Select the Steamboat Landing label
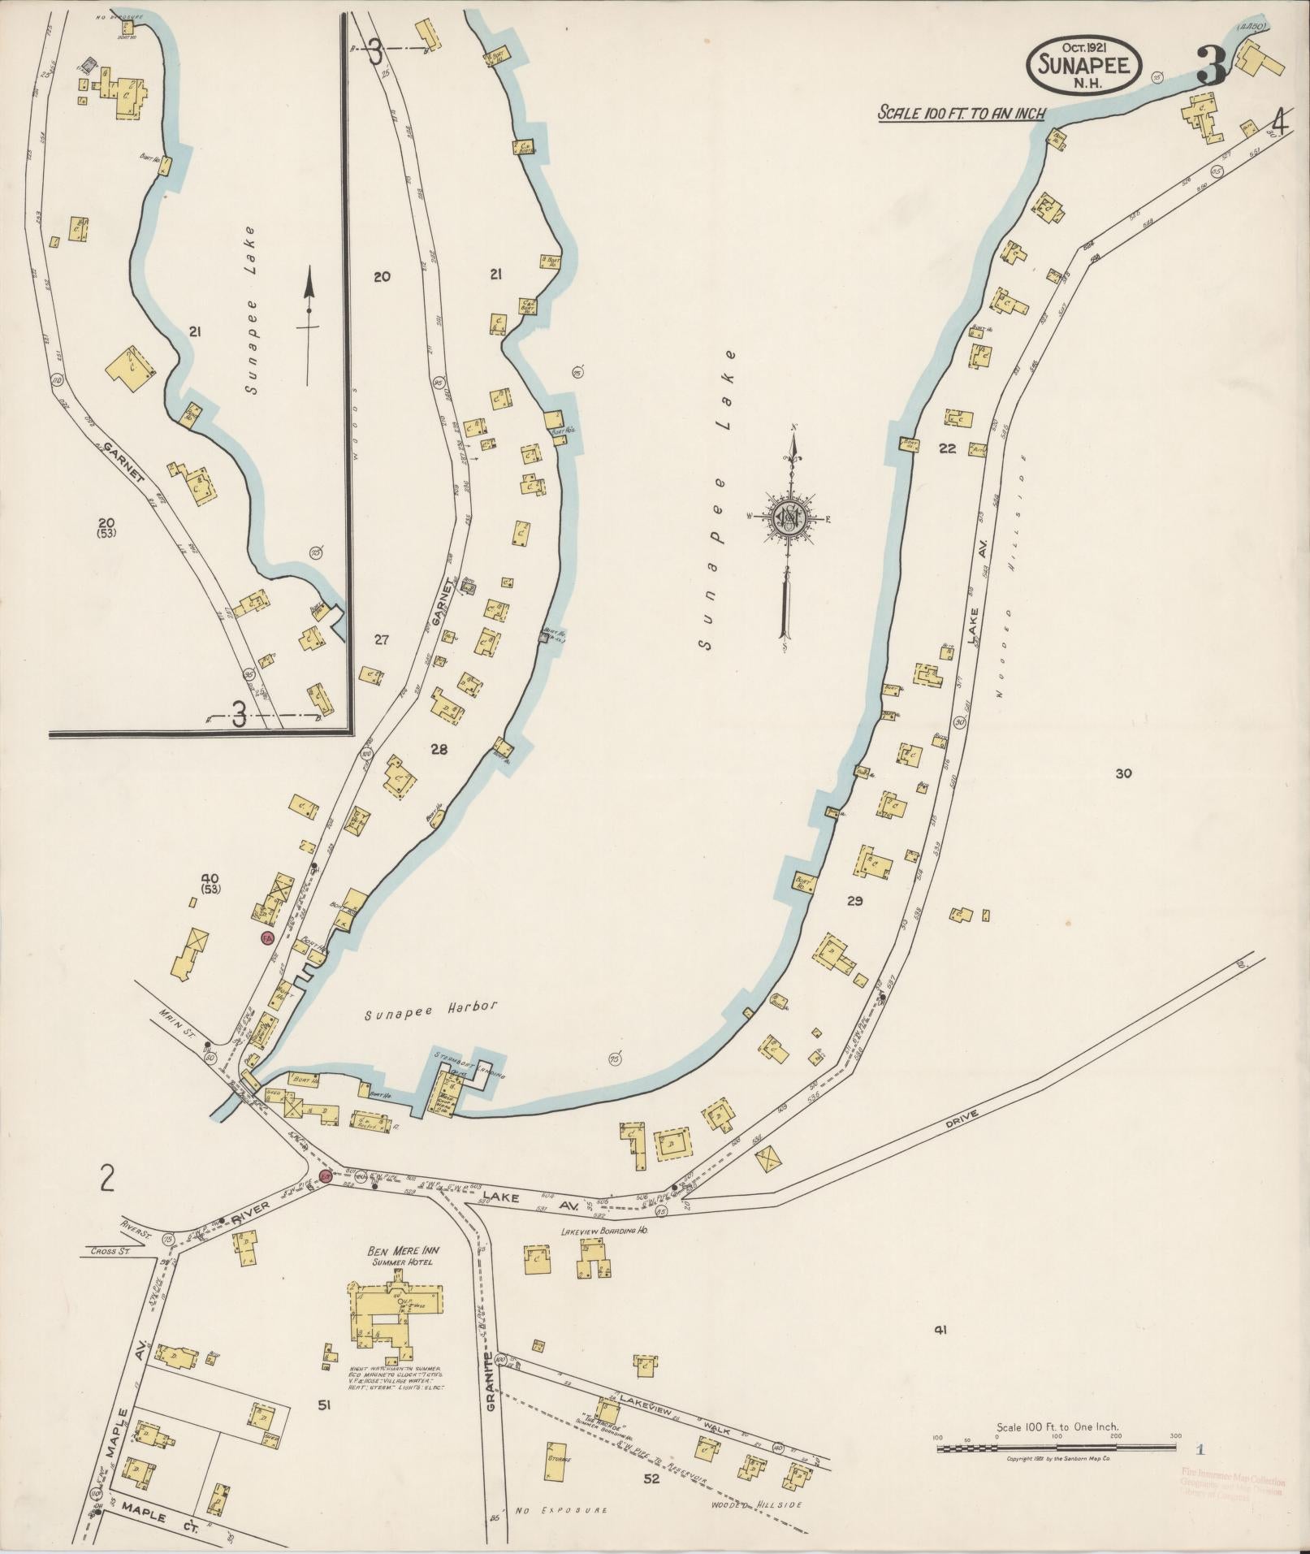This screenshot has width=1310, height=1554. click(471, 1065)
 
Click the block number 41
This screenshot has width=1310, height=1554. click(941, 1330)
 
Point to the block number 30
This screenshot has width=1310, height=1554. click(1123, 774)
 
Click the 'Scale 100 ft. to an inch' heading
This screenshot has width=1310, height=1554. click(961, 114)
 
